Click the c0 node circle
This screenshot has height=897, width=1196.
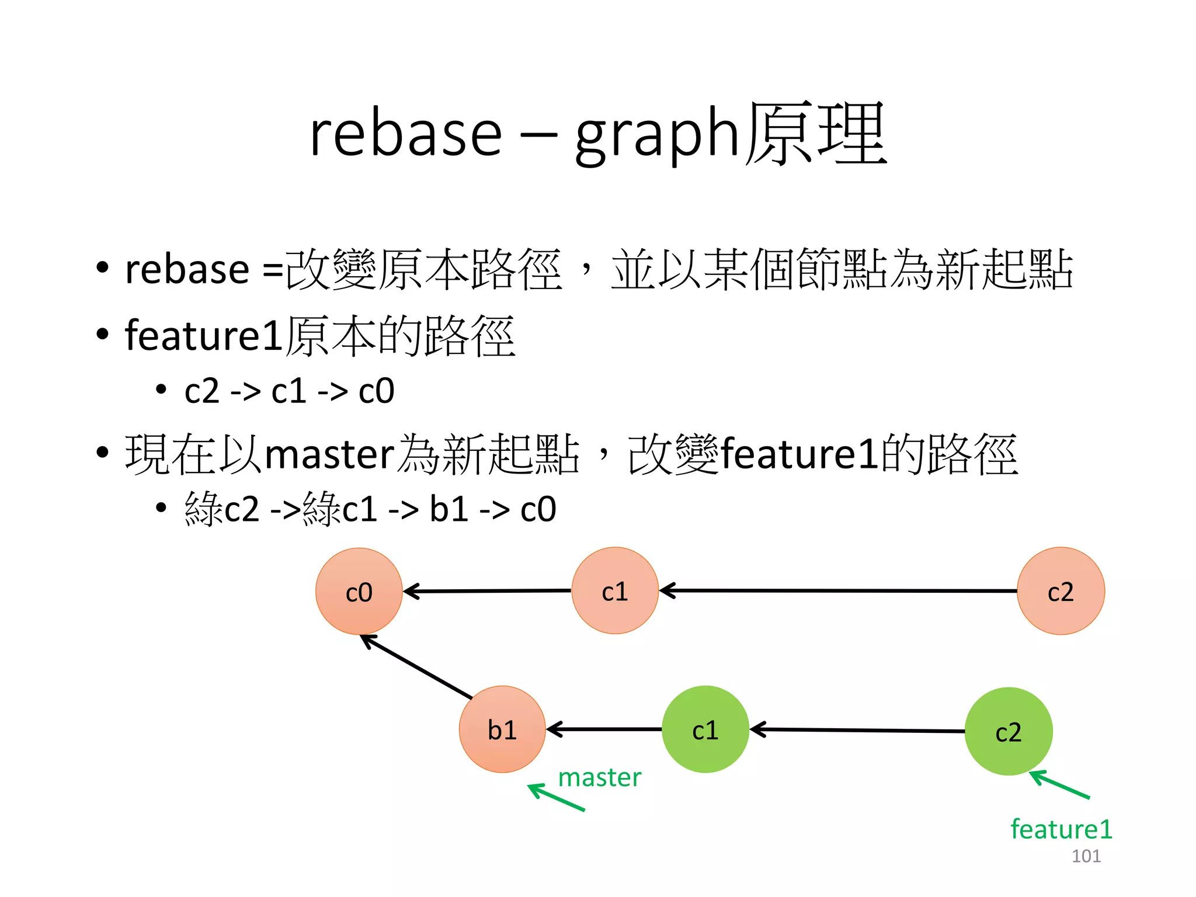tap(359, 591)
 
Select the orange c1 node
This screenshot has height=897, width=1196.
tap(615, 590)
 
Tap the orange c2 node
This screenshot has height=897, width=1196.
tap(1061, 590)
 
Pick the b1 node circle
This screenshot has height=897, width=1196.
tap(502, 729)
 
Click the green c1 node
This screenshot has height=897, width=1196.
tap(705, 729)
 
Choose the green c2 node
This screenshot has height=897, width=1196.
tap(1008, 731)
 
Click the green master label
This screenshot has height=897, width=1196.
tap(599, 777)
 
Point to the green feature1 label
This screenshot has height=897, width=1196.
tap(1061, 829)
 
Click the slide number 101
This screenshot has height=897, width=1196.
tap(1086, 856)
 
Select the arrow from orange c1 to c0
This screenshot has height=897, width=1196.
tap(488, 591)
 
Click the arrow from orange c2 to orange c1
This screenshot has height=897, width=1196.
tap(838, 590)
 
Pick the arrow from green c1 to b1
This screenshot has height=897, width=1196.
tap(604, 729)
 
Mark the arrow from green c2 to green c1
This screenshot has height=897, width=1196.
tap(857, 730)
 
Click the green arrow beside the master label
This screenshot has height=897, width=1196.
tap(556, 798)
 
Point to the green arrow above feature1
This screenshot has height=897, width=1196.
tap(1059, 785)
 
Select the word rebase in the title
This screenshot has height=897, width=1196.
tap(405, 134)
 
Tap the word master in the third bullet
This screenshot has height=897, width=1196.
tap(330, 454)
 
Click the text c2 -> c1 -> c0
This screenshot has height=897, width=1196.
tap(289, 391)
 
